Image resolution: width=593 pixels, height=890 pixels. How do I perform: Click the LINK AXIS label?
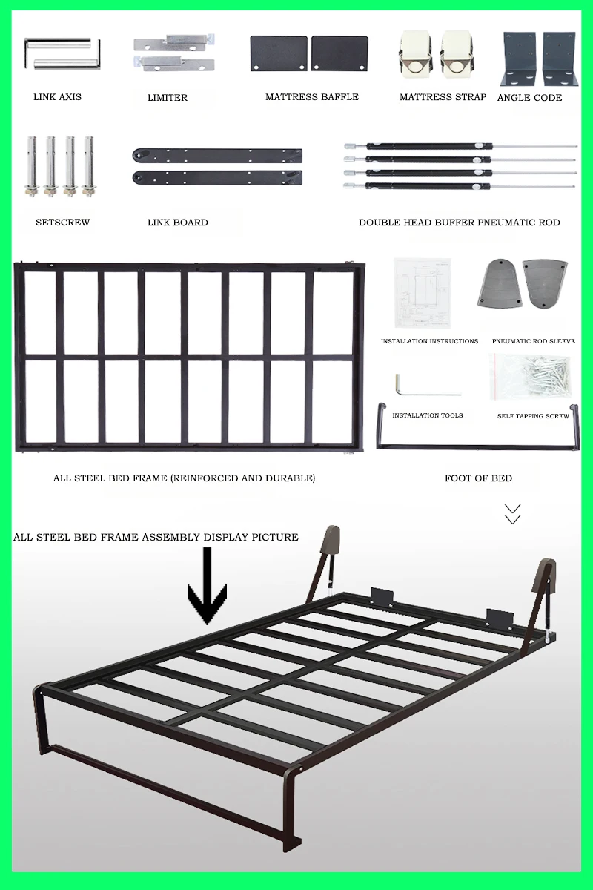tap(57, 97)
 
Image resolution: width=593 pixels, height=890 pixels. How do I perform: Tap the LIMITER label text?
tap(168, 98)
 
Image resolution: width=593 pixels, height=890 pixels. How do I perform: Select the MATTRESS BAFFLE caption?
tap(311, 97)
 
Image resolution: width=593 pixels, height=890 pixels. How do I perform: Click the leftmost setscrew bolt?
tap(32, 166)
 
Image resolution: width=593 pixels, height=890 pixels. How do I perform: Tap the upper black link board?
tap(217, 156)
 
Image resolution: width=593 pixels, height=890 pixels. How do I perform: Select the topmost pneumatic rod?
tap(460, 146)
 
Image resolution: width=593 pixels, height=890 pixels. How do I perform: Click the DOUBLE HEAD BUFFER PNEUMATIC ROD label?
tap(459, 222)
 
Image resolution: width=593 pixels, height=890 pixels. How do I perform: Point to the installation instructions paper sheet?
tap(422, 293)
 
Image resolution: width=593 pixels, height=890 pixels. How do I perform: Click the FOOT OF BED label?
tap(478, 478)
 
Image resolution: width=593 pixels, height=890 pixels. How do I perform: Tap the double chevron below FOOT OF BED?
tap(512, 514)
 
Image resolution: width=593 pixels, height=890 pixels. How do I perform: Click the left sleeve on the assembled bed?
tap(330, 543)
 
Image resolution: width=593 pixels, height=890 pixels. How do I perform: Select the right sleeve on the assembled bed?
tap(546, 576)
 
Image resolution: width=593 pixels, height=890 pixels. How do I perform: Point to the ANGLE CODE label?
tap(529, 98)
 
